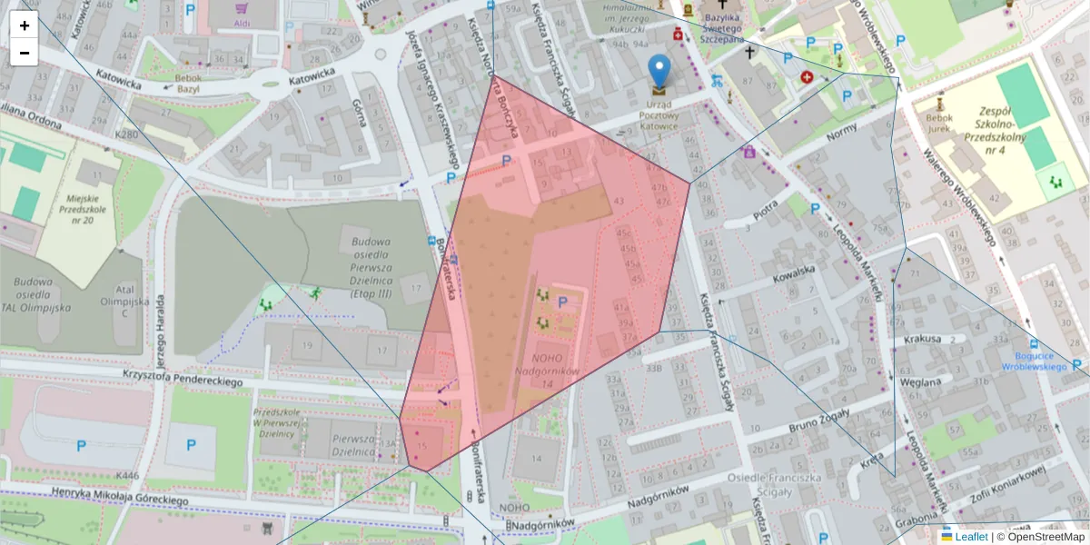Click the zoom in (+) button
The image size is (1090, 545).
pyautogui.click(x=25, y=25)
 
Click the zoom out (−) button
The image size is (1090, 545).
pyautogui.click(x=25, y=53)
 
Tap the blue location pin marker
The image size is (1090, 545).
pyautogui.click(x=659, y=71)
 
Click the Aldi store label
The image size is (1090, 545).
pyautogui.click(x=242, y=22)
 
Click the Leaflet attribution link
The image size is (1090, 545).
pyautogui.click(x=969, y=537)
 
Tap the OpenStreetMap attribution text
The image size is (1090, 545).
pyautogui.click(x=1045, y=537)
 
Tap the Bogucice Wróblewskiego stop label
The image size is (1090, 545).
pyautogui.click(x=1034, y=362)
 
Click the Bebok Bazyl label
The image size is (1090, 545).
pyautogui.click(x=188, y=84)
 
